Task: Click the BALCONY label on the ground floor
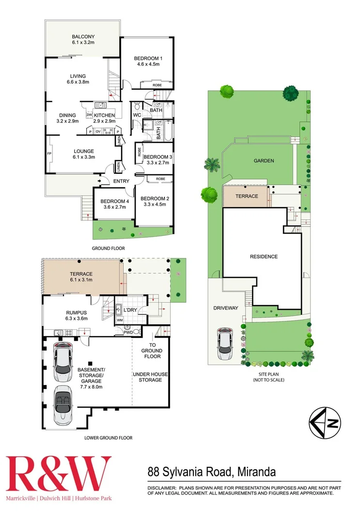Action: click(x=83, y=36)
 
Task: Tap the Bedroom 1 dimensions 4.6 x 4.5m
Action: click(x=147, y=64)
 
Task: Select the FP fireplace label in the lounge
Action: click(x=49, y=154)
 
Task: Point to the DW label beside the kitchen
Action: click(x=89, y=115)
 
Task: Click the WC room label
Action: click(x=137, y=115)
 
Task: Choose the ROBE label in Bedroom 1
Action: click(x=157, y=85)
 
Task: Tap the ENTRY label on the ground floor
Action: click(x=121, y=181)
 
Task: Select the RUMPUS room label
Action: click(x=63, y=312)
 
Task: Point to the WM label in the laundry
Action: click(x=119, y=320)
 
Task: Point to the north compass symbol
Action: click(x=325, y=424)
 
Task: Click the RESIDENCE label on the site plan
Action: click(x=264, y=256)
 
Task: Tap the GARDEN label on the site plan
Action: click(x=264, y=161)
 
